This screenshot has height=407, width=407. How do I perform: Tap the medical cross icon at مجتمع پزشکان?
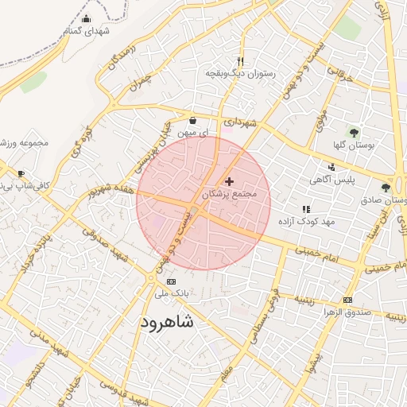click(231, 182)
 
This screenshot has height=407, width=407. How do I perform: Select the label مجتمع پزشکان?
click(231, 194)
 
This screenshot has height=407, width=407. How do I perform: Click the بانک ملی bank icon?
click(171, 282)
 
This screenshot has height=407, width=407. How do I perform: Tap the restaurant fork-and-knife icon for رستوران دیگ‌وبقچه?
click(240, 61)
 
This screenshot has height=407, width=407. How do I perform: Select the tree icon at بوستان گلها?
click(354, 133)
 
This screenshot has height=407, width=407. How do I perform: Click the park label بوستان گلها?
click(355, 145)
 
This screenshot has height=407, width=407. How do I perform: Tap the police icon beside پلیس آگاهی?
click(331, 167)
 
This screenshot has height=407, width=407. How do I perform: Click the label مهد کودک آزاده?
click(307, 220)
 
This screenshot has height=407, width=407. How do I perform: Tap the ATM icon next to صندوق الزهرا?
click(347, 300)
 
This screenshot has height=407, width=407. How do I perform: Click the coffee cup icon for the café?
click(21, 173)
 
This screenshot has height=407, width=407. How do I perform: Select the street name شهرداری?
click(239, 122)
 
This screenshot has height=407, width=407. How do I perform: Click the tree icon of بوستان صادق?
click(386, 188)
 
